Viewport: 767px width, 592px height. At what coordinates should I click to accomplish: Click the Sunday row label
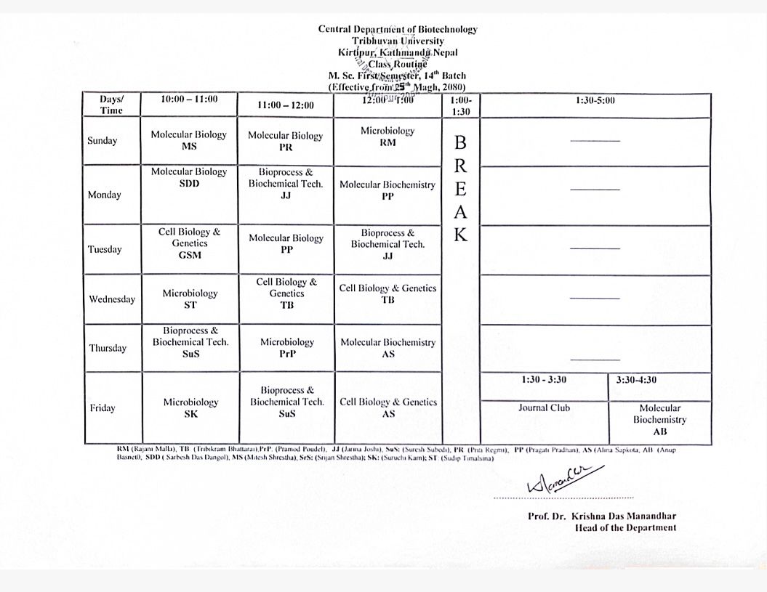102,141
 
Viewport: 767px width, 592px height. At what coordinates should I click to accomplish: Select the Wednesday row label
112,299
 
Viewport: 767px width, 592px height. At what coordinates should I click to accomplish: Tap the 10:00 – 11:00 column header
189,100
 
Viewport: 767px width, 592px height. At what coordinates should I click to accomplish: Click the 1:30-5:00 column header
595,100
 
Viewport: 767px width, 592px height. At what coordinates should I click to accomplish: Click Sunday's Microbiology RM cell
387,137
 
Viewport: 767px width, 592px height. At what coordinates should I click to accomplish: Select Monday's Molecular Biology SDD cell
189,178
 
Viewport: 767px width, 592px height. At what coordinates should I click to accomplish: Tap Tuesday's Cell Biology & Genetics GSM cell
189,243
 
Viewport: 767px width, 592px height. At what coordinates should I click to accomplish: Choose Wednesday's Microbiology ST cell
190,299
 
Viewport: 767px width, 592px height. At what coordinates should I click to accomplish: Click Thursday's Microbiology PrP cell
287,348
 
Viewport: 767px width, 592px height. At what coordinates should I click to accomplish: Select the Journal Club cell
544,408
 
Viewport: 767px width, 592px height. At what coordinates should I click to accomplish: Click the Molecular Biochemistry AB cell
659,420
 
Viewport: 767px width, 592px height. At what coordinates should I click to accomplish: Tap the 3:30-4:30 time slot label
636,380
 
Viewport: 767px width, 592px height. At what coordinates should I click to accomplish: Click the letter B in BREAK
460,142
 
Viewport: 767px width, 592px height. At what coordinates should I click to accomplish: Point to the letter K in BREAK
461,235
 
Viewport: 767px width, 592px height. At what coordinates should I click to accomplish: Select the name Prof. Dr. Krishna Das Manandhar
602,516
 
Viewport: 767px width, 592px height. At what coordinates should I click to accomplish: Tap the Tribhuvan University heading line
398,41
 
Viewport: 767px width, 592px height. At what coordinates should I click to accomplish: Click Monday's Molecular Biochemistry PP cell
387,190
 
